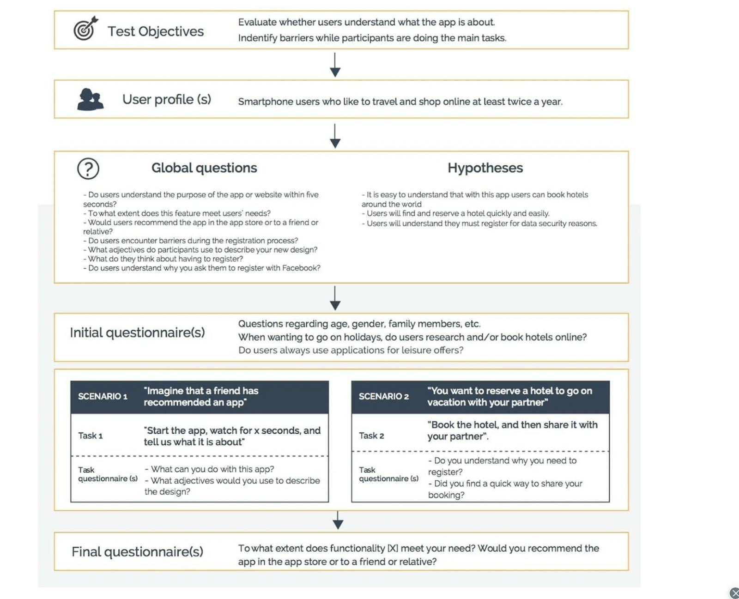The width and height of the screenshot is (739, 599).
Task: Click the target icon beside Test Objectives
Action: [85, 29]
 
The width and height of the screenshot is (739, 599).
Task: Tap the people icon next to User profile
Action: [90, 99]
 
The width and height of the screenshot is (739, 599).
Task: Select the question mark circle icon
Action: [88, 169]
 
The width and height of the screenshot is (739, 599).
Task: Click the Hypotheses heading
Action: [485, 168]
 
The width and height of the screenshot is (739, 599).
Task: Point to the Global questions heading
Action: [204, 168]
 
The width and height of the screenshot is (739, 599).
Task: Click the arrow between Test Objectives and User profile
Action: [335, 65]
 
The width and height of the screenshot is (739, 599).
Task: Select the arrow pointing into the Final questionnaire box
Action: [338, 520]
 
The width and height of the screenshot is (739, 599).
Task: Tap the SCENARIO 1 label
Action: [103, 396]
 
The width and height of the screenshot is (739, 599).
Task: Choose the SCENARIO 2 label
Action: [383, 396]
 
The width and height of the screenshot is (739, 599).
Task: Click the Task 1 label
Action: [91, 436]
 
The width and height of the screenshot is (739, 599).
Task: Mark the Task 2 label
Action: [371, 436]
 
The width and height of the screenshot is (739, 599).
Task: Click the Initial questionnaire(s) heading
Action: [137, 333]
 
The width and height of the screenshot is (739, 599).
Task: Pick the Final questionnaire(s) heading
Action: [137, 551]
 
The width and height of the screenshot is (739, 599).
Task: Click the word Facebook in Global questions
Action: [301, 268]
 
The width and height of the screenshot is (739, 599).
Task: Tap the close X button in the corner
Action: [734, 593]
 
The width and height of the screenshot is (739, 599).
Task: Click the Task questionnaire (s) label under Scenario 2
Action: [388, 474]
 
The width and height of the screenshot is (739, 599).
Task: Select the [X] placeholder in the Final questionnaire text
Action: [393, 548]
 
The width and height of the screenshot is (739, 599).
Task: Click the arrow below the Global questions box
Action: [335, 298]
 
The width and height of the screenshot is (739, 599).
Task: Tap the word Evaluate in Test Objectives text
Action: [257, 22]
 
